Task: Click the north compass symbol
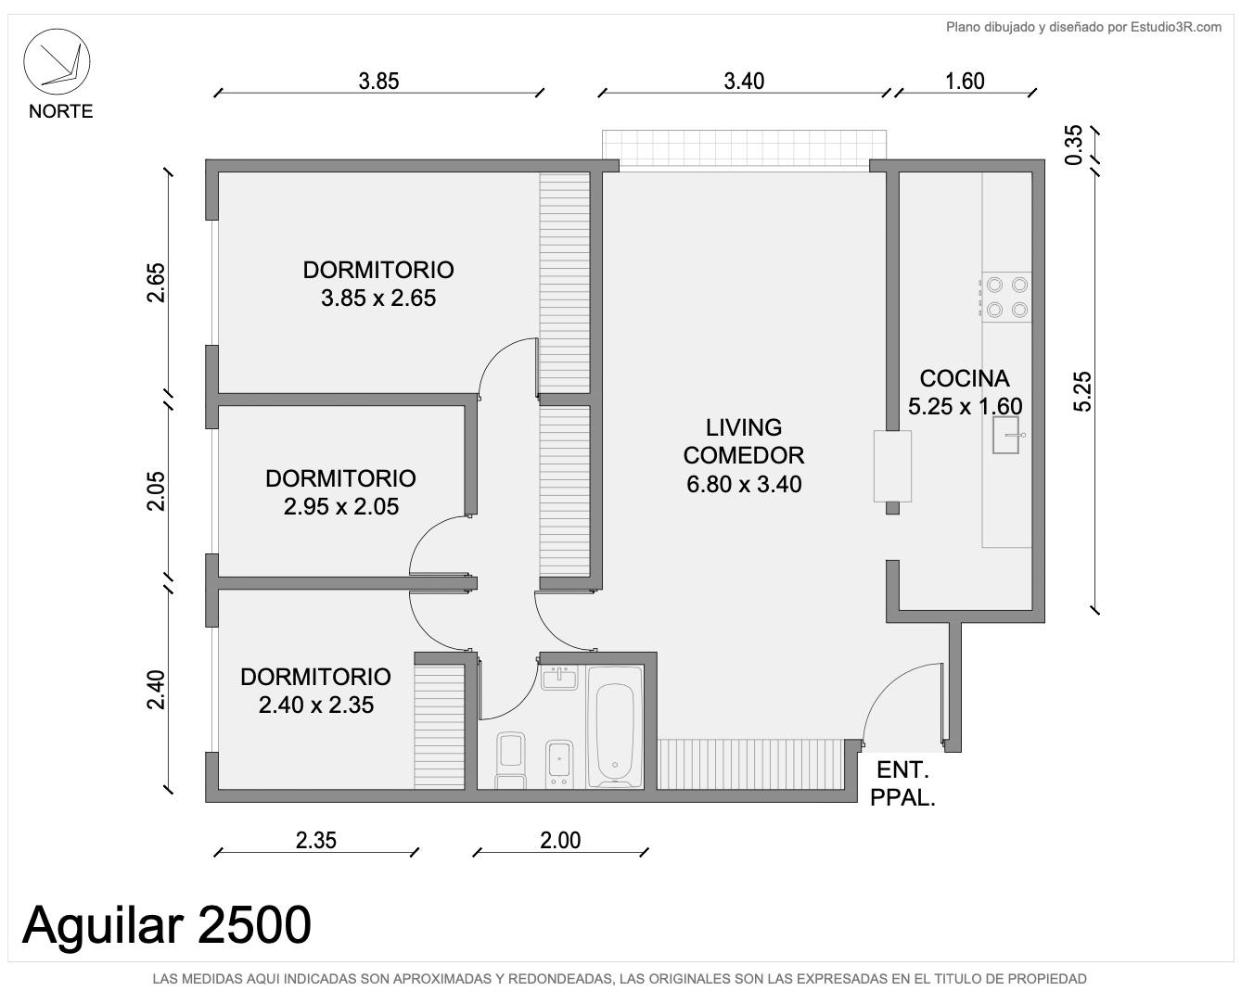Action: (x=57, y=62)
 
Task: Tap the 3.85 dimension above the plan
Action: (x=378, y=82)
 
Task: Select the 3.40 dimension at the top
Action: (x=744, y=82)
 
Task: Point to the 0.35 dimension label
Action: (x=1074, y=146)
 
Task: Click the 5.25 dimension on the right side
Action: (x=1082, y=392)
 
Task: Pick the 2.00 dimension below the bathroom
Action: (x=560, y=841)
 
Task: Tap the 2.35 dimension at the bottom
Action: (x=315, y=841)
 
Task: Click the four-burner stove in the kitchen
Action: (x=1006, y=298)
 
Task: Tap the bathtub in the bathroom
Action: (x=615, y=728)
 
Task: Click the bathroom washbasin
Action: (x=558, y=679)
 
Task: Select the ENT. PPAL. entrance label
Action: (x=902, y=783)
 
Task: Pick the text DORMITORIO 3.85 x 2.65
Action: (x=378, y=284)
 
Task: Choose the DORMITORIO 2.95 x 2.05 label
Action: (x=340, y=492)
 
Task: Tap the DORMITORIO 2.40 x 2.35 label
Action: (x=315, y=691)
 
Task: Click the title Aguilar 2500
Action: (x=167, y=925)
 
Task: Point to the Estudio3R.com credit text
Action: (x=1083, y=27)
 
